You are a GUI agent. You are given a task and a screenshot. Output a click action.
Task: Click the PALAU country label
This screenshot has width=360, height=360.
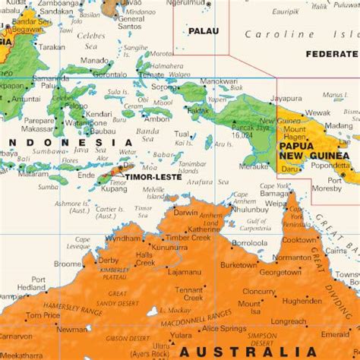(203, 31)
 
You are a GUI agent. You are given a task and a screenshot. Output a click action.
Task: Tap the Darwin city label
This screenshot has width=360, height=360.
(185, 213)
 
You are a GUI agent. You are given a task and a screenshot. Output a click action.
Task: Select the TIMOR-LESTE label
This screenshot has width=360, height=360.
(148, 176)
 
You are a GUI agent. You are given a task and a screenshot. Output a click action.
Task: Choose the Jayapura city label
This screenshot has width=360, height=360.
(286, 98)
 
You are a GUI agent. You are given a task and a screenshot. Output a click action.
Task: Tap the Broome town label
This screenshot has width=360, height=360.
(68, 264)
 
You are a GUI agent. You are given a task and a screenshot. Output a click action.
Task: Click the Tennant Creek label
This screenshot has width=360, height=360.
(189, 294)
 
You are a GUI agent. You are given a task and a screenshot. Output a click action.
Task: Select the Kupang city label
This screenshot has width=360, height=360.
(115, 187)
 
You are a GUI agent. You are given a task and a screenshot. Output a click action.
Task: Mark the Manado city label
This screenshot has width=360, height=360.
(94, 60)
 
